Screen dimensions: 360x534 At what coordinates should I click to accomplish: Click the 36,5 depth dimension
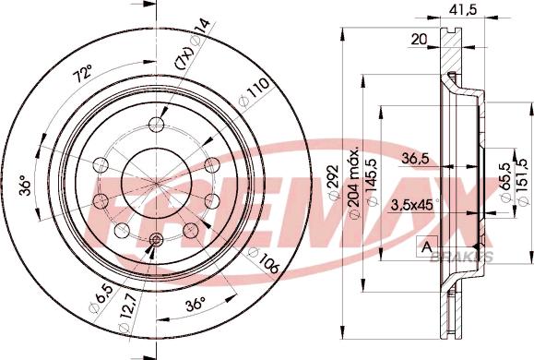415,159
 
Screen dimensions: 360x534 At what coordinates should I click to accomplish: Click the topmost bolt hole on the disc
156,126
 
